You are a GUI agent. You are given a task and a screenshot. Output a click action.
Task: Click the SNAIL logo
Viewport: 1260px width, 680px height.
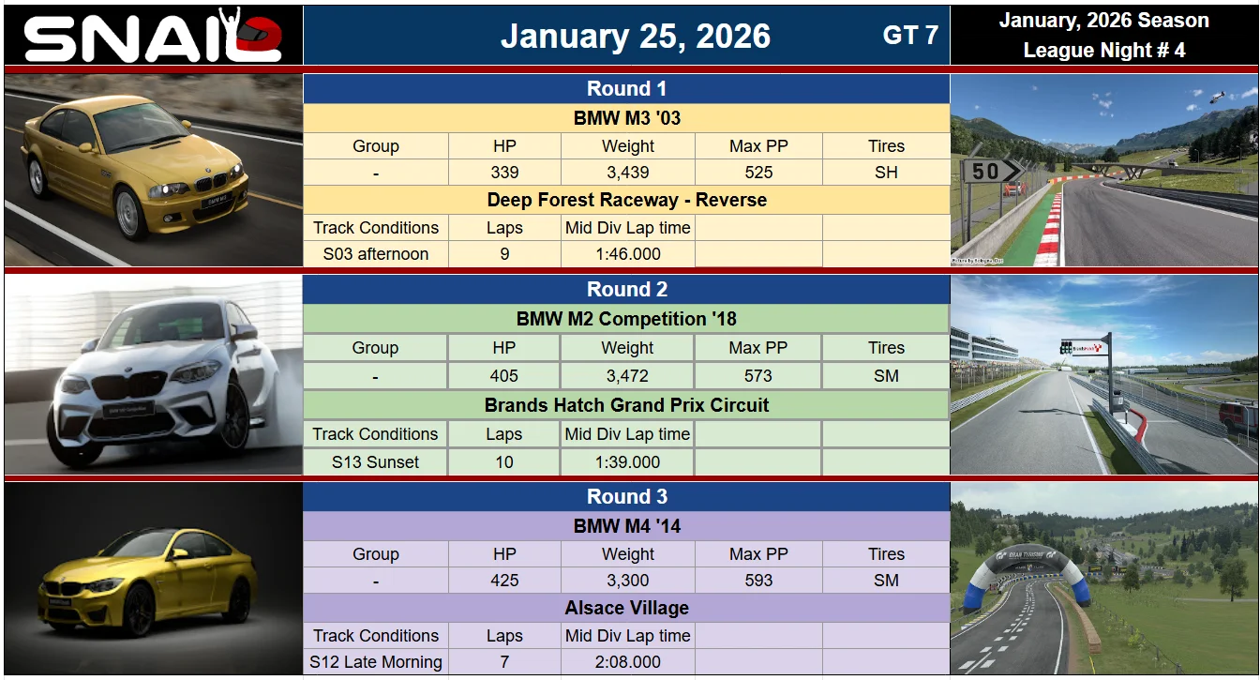(x=153, y=36)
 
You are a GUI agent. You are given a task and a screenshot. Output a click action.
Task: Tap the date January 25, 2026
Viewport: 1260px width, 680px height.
(x=635, y=36)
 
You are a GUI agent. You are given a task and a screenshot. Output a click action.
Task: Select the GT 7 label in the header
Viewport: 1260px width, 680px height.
(x=910, y=35)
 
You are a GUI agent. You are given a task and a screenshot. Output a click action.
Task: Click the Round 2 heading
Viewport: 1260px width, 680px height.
(x=626, y=289)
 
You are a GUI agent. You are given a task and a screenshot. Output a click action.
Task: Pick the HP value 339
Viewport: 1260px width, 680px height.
(x=504, y=173)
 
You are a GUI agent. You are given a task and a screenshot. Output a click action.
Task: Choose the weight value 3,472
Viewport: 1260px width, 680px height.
(x=627, y=375)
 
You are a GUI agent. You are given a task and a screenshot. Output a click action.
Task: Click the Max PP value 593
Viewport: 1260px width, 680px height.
(x=758, y=580)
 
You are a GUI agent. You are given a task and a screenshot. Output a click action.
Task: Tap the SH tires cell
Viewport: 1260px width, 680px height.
(x=886, y=173)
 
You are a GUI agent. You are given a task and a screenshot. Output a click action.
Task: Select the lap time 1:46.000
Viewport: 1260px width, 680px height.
(x=628, y=254)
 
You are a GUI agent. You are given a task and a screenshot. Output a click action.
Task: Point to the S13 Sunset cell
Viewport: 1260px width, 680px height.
(x=375, y=462)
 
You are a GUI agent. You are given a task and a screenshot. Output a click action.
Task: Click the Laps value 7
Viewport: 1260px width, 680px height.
(x=504, y=662)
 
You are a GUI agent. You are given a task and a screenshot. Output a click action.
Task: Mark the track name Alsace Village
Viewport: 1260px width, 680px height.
(x=626, y=608)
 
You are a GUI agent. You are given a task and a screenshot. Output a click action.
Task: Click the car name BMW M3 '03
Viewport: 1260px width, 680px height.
(x=626, y=118)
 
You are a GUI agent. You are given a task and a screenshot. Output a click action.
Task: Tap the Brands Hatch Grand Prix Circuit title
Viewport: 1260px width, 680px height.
(x=626, y=405)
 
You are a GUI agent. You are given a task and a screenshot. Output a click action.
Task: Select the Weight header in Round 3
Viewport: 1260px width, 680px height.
(x=628, y=554)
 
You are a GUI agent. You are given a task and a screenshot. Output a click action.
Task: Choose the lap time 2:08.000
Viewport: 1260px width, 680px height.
(x=628, y=662)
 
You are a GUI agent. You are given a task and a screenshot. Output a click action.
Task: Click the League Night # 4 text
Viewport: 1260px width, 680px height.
(x=1104, y=50)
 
